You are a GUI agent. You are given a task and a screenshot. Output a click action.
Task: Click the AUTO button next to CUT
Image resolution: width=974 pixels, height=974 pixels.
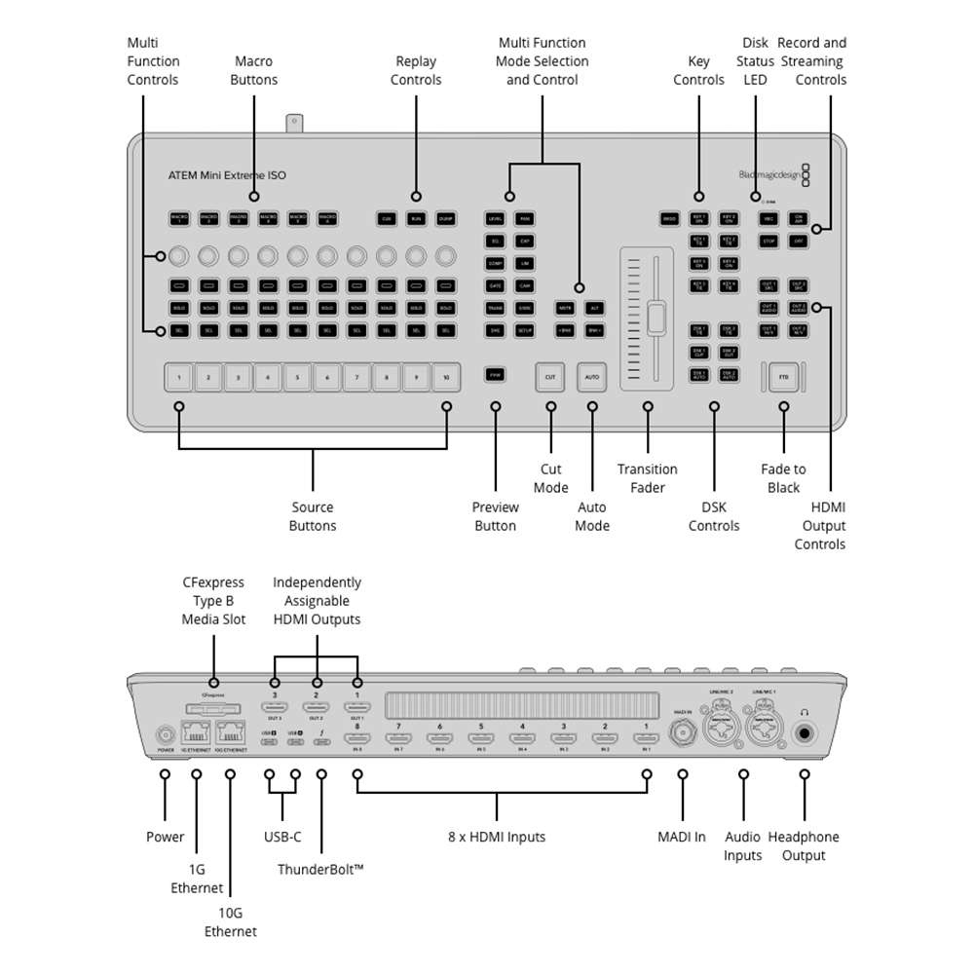tap(591, 376)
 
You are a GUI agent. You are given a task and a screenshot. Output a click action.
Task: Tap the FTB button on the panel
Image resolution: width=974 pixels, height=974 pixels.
tap(784, 376)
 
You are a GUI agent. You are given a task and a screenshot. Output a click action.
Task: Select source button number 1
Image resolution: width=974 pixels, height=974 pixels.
tap(179, 376)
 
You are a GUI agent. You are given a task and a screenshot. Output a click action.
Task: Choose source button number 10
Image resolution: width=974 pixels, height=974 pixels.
tap(446, 376)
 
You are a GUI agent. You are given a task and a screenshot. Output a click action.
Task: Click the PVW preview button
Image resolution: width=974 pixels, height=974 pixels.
tap(495, 374)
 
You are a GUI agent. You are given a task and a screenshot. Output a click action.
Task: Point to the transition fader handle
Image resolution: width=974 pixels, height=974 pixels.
tap(656, 319)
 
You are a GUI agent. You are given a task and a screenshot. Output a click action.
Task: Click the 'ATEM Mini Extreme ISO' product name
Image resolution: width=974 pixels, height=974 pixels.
tap(228, 175)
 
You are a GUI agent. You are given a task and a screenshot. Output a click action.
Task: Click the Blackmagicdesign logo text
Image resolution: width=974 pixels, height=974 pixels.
tap(768, 175)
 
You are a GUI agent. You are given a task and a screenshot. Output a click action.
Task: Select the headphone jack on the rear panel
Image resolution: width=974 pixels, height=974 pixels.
tap(805, 735)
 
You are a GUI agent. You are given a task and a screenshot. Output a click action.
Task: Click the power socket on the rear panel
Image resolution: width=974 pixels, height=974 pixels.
tap(164, 735)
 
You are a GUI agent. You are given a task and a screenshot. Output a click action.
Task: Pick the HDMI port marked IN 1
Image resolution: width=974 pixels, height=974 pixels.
tap(644, 739)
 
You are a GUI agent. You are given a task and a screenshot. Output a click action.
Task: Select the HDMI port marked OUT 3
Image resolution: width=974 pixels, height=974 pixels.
tap(275, 708)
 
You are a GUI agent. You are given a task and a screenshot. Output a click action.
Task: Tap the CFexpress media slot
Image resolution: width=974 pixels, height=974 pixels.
tap(213, 709)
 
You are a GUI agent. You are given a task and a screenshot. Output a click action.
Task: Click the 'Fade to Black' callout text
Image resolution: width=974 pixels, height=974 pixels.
tap(783, 478)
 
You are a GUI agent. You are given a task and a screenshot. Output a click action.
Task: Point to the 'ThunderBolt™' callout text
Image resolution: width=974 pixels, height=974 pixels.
tap(320, 869)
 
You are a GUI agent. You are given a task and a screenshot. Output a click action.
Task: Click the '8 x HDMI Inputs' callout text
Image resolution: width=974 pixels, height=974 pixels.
tap(497, 837)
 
